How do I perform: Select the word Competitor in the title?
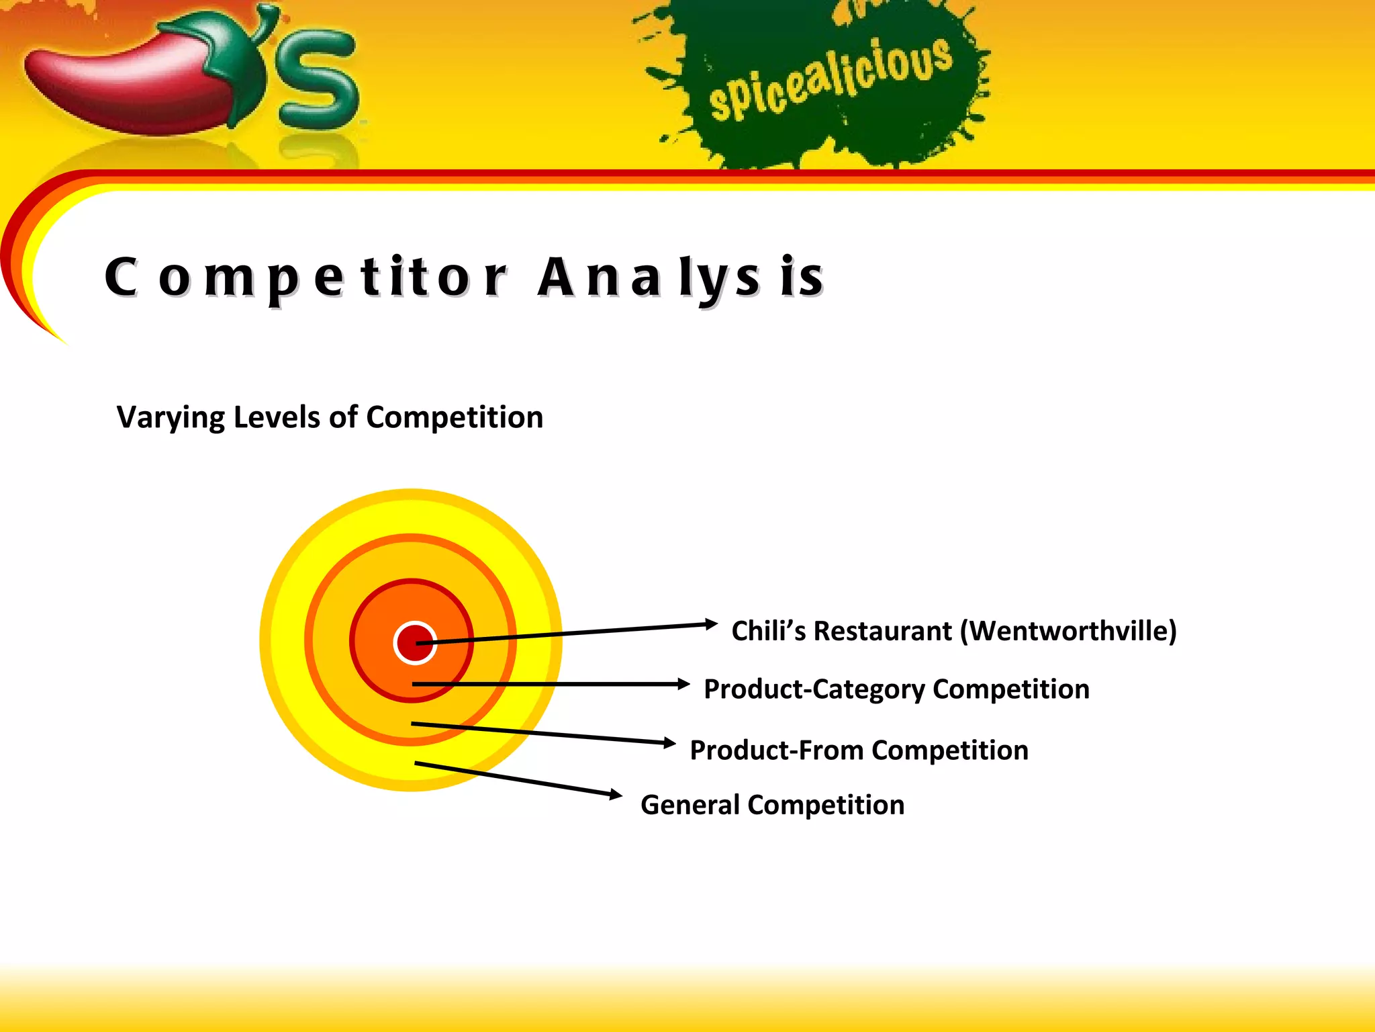[305, 277]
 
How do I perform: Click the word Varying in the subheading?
[171, 418]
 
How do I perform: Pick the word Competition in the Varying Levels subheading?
[455, 417]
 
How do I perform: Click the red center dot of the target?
[414, 643]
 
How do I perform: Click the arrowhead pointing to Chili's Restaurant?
[712, 624]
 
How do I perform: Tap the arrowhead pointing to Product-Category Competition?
[683, 684]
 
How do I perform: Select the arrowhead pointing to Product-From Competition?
[669, 742]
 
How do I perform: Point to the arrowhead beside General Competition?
[616, 795]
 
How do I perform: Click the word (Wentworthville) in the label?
[1068, 631]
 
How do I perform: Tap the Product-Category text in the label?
[814, 689]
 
